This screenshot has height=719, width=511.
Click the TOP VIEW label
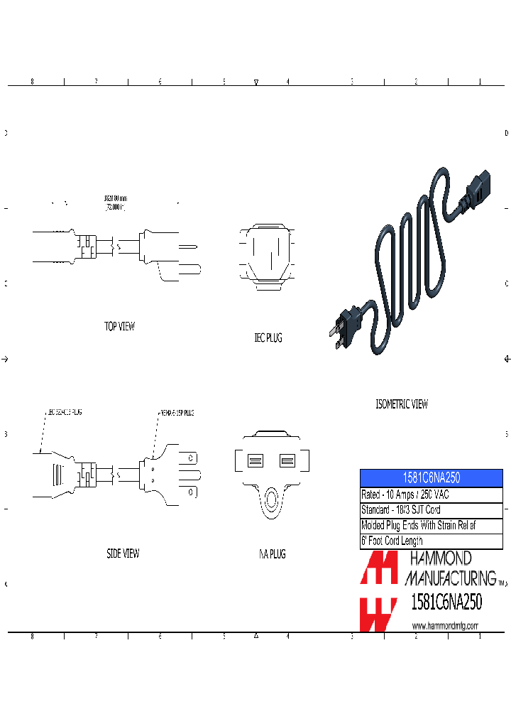tap(119, 326)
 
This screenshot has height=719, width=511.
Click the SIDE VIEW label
tap(122, 553)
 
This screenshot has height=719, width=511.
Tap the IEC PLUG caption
tap(268, 338)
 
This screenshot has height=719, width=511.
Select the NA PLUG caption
tap(272, 554)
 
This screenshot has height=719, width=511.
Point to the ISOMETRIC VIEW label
tap(402, 404)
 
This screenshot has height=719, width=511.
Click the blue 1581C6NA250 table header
tap(432, 479)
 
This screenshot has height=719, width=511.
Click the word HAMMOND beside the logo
tap(438, 560)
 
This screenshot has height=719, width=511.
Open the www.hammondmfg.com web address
tap(445, 625)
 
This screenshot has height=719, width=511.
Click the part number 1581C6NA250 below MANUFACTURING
tap(446, 602)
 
